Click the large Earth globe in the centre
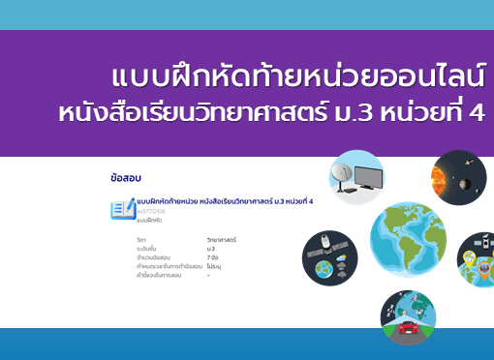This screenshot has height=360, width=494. pyautogui.click(x=408, y=238)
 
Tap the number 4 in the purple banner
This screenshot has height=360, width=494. pyautogui.click(x=477, y=113)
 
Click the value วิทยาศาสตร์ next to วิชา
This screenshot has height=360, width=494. pyautogui.click(x=222, y=238)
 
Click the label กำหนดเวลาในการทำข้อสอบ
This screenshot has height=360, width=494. pyautogui.click(x=169, y=266)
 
